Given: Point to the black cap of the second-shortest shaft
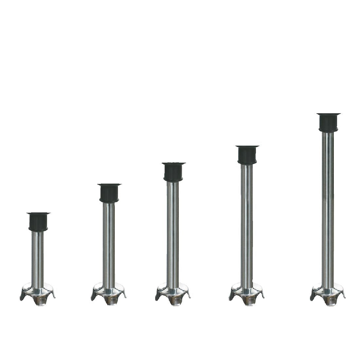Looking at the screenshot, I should click(109, 193).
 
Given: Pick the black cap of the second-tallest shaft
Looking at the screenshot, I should click(247, 155).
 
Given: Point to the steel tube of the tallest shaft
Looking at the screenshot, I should click(328, 206).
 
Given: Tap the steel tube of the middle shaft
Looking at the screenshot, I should click(173, 232).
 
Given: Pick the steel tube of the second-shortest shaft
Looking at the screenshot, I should click(109, 242).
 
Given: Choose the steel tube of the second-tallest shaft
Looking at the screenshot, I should click(247, 223).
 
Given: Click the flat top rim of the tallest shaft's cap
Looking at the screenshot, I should click(329, 114).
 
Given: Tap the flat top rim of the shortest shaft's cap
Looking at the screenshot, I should click(39, 213).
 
